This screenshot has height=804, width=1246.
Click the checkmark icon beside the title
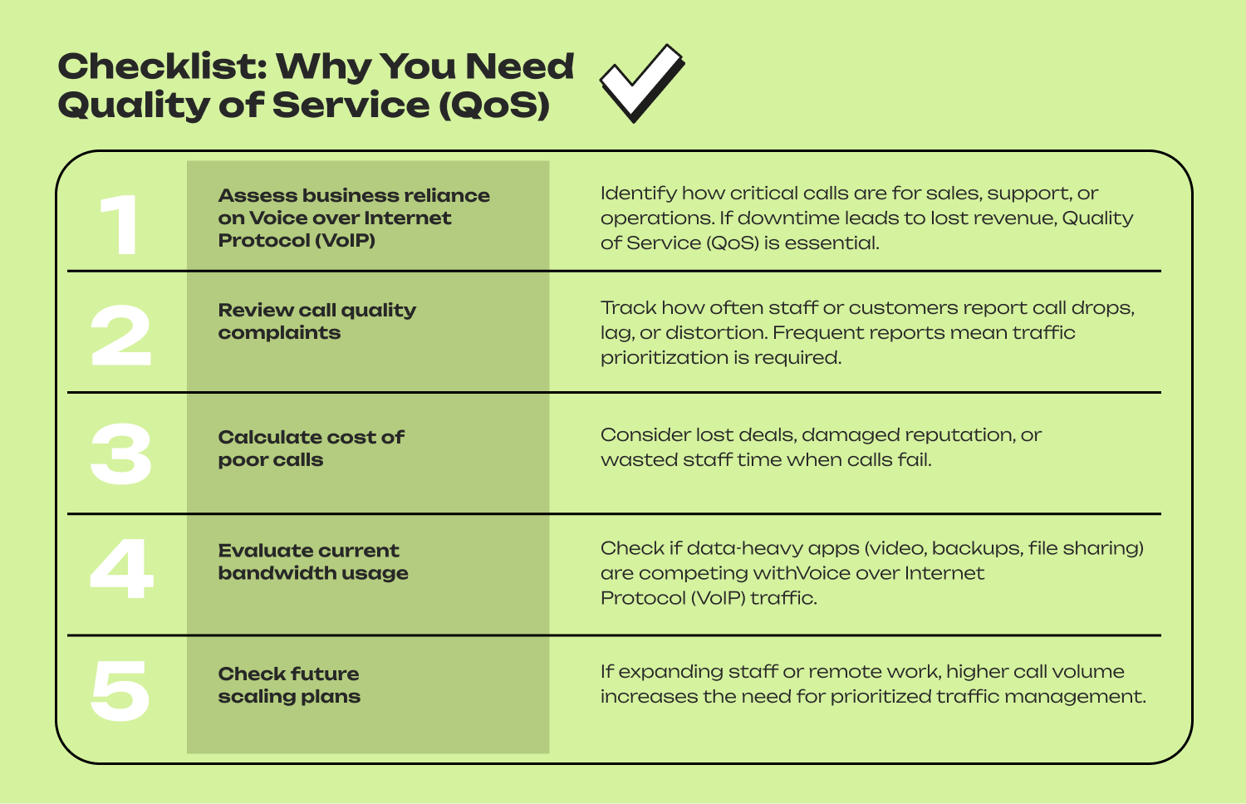click(641, 82)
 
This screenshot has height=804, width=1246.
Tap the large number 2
click(121, 336)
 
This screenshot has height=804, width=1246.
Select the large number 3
click(121, 454)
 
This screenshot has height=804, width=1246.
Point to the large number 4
click(122, 569)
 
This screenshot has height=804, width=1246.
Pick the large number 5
click(120, 690)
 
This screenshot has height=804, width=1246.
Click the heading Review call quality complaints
click(316, 321)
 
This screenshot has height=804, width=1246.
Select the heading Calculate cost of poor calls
click(311, 449)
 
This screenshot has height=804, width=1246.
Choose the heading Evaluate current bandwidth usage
click(313, 561)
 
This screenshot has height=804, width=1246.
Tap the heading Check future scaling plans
click(289, 685)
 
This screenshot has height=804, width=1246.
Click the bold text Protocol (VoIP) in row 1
click(297, 241)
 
